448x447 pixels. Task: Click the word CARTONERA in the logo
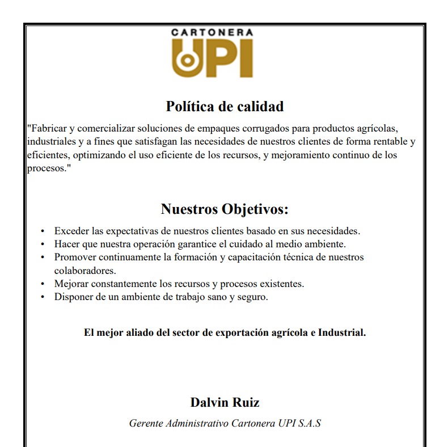pos(213,33)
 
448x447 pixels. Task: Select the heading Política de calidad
pos(225,106)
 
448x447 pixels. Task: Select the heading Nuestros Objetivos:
pos(225,209)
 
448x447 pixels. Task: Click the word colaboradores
pos(84,270)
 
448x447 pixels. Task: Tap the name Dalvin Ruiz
pos(225,403)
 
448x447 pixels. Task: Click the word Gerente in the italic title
pos(146,423)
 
